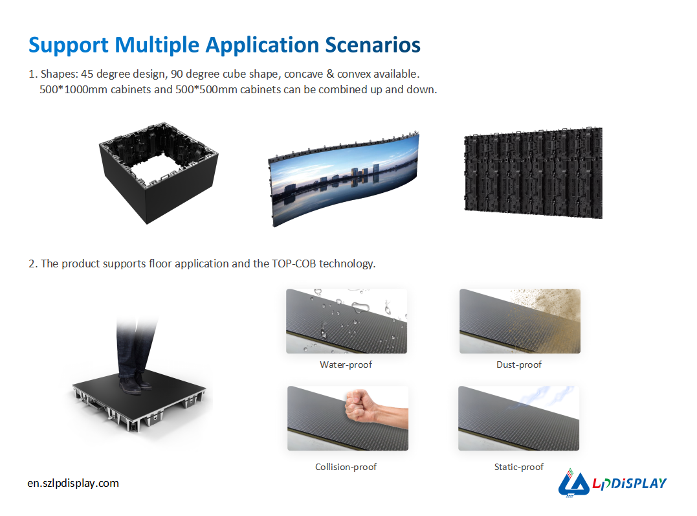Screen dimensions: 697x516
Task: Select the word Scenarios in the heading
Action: pyautogui.click(x=373, y=45)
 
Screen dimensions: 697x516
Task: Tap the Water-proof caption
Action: pyautogui.click(x=346, y=365)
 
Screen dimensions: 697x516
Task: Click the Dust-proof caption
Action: pyautogui.click(x=519, y=365)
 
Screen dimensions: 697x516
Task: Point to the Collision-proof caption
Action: pyautogui.click(x=346, y=467)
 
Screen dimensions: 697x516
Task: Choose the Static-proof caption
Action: pyautogui.click(x=519, y=467)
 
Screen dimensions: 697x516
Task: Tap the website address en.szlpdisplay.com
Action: pyautogui.click(x=73, y=483)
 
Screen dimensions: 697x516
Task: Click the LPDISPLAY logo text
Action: pyautogui.click(x=629, y=483)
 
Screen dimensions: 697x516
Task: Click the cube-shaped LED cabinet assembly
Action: pyautogui.click(x=159, y=173)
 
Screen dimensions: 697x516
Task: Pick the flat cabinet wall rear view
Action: pyautogui.click(x=533, y=173)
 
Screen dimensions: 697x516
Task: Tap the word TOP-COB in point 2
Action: pyautogui.click(x=294, y=264)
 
